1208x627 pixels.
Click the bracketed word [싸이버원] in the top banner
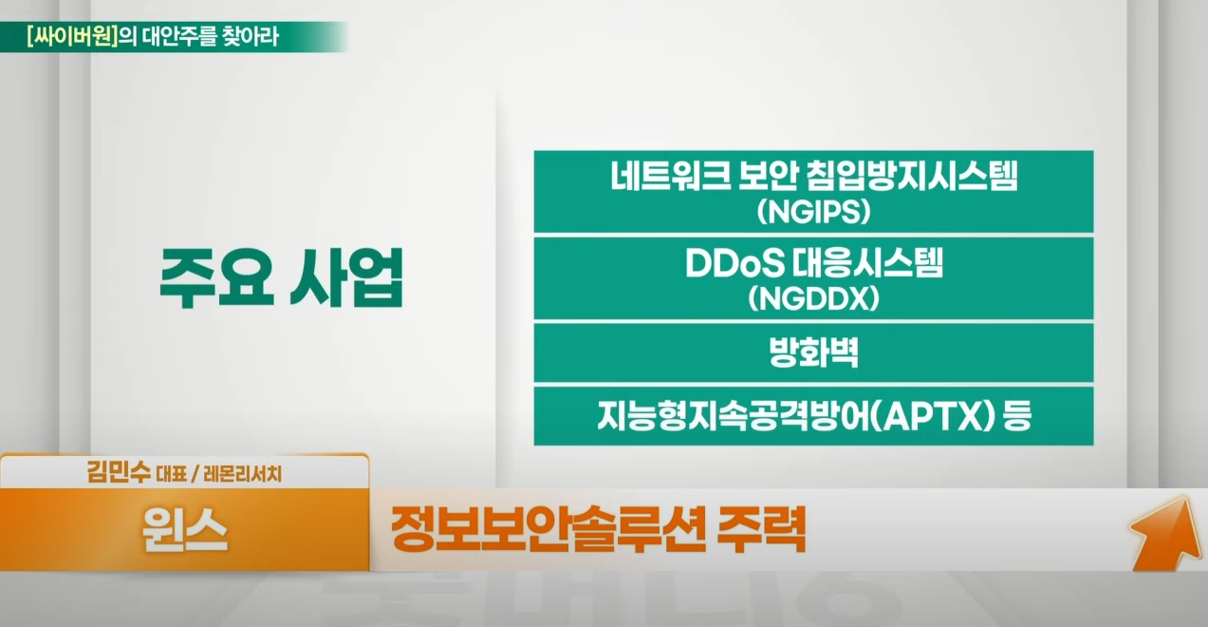pos(72,37)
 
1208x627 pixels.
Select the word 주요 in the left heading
pos(216,278)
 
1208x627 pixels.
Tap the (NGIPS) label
pos(814,212)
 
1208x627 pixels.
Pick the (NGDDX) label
pos(814,298)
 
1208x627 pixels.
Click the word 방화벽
pos(814,352)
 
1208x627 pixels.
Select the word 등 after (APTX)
pos(1017,416)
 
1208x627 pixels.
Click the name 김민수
pos(119,473)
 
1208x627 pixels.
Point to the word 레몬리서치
pos(243,474)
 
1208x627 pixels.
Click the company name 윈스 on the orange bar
pos(184,530)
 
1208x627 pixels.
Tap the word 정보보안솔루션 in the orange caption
pos(548,529)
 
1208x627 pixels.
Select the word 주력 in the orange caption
pos(762,529)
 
